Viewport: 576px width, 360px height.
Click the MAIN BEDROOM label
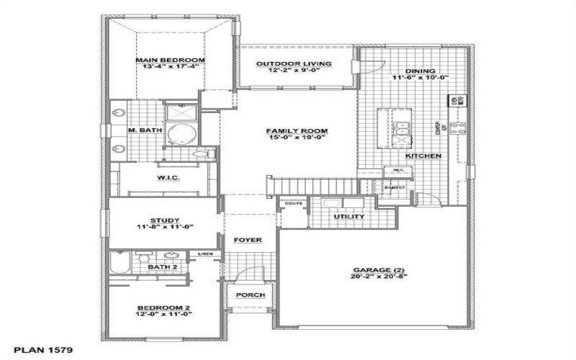click(x=171, y=60)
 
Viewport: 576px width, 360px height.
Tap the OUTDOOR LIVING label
click(x=294, y=63)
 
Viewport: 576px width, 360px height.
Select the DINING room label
click(x=420, y=71)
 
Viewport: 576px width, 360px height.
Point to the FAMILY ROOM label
click(x=297, y=131)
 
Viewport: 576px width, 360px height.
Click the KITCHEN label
click(x=423, y=156)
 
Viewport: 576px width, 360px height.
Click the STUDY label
click(x=165, y=220)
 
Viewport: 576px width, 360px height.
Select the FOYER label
click(x=247, y=240)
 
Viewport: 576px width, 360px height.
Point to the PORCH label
click(x=251, y=295)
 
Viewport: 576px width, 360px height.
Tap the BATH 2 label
click(x=162, y=267)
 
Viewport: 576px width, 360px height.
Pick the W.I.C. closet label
click(x=168, y=178)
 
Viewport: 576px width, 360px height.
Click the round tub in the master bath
click(x=180, y=135)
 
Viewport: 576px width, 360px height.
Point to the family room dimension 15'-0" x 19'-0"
click(x=297, y=138)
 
